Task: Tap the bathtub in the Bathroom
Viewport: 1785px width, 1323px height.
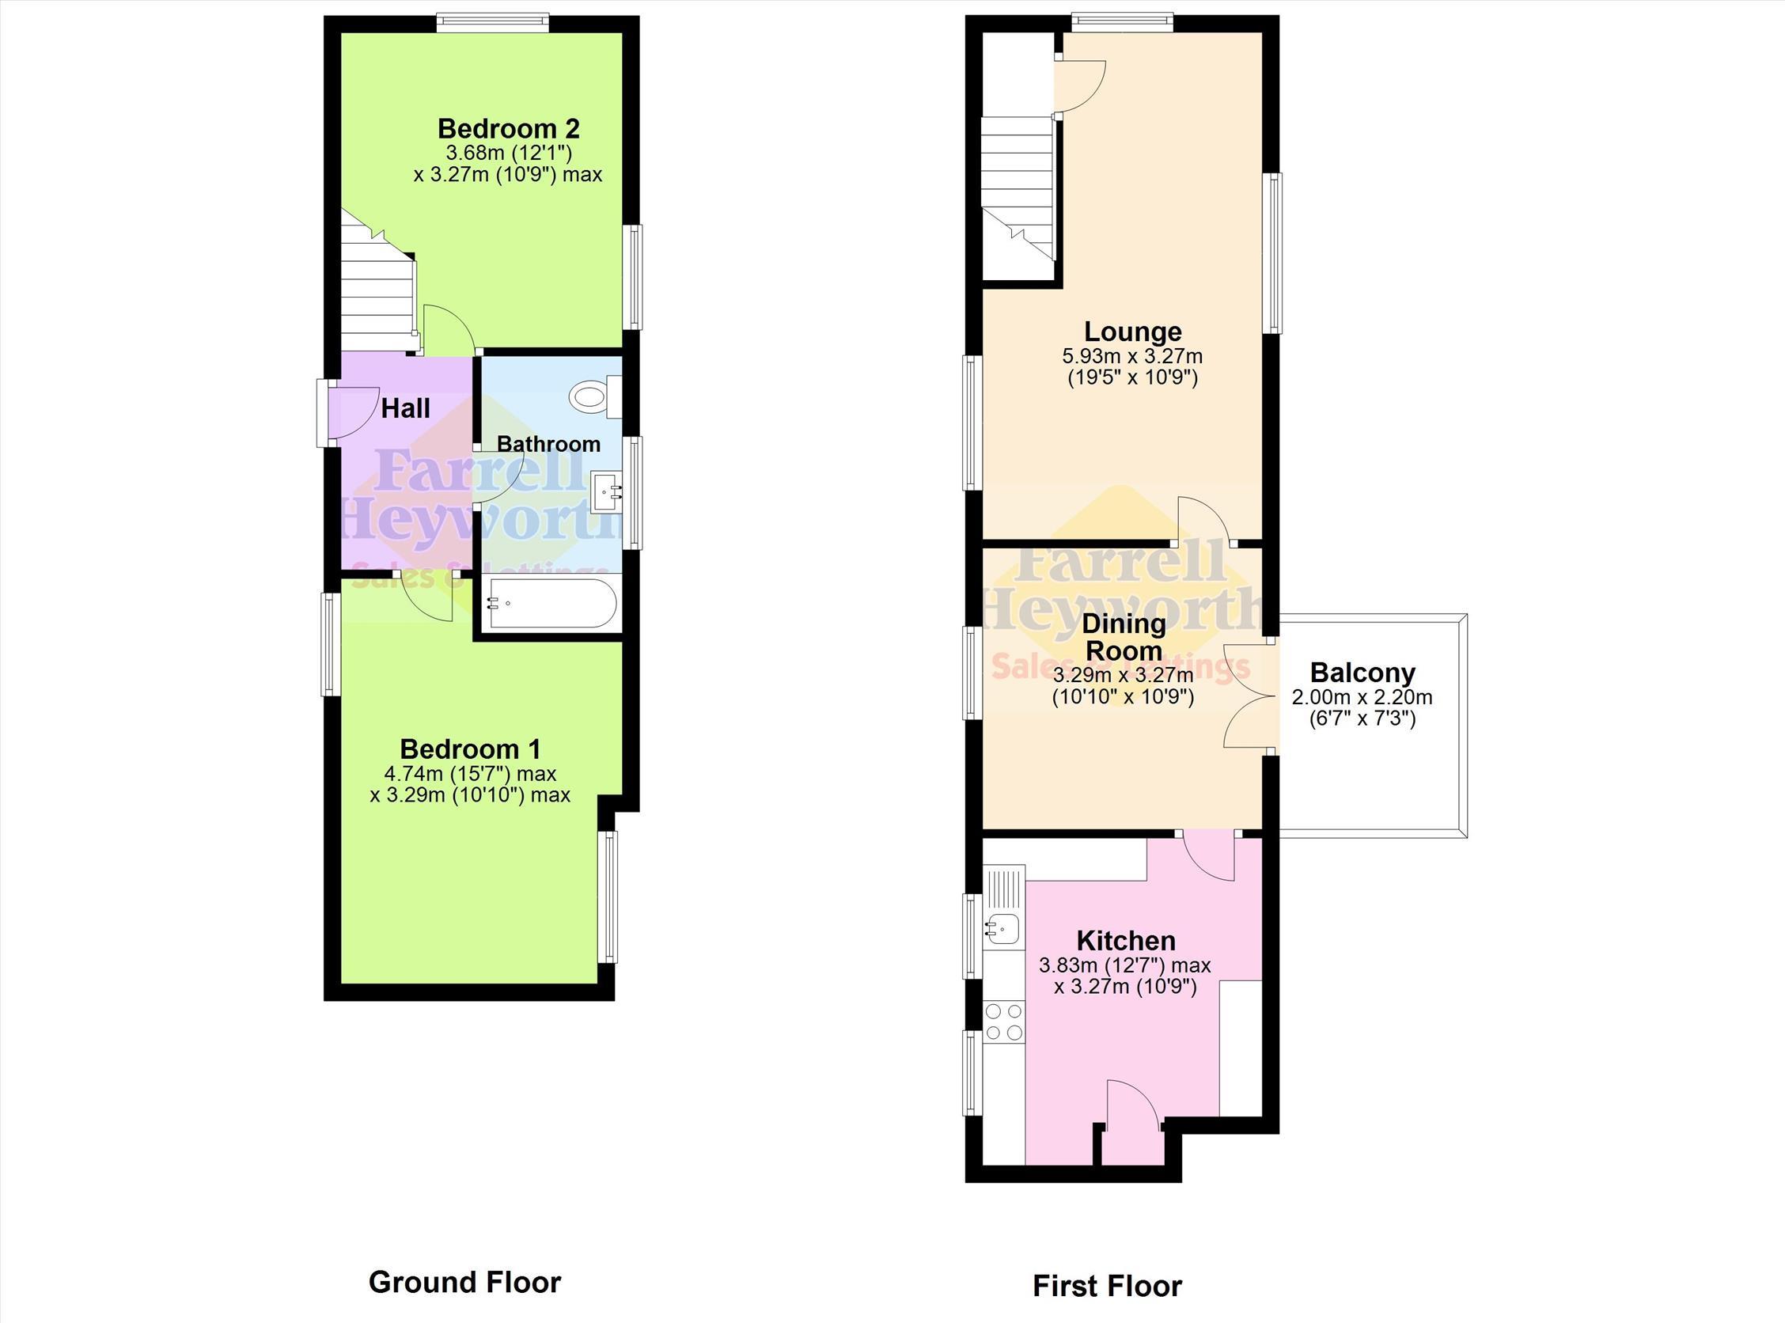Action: click(x=550, y=603)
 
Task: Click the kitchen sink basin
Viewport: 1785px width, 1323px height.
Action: click(x=1001, y=928)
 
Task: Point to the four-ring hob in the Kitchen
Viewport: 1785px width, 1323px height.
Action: click(x=1004, y=1022)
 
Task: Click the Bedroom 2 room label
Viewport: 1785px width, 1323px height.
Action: click(x=509, y=128)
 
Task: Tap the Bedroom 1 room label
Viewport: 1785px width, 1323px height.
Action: click(x=470, y=749)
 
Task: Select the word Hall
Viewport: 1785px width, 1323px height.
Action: click(x=405, y=408)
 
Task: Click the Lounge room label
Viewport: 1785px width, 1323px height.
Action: click(x=1132, y=331)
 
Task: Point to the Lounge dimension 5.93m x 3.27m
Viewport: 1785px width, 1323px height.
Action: click(x=1132, y=355)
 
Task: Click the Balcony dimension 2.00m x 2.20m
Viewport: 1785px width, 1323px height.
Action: click(x=1362, y=698)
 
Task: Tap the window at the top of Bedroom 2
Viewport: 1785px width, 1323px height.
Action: click(x=493, y=23)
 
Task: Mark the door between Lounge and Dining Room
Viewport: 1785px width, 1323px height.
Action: click(x=1204, y=521)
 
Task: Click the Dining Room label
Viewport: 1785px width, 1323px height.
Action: click(x=1124, y=637)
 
